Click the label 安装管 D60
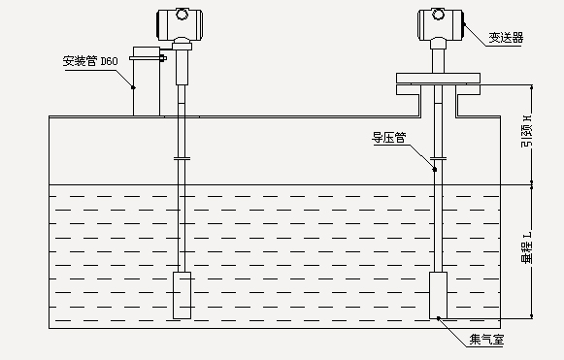point(90,60)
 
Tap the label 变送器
point(506,37)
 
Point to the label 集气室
point(488,339)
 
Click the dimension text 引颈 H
point(527,132)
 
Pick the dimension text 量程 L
point(527,247)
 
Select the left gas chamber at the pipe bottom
point(182,295)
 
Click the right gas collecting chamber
point(439,295)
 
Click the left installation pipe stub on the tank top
point(146,87)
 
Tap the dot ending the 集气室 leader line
point(438,316)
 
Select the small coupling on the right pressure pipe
point(439,158)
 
